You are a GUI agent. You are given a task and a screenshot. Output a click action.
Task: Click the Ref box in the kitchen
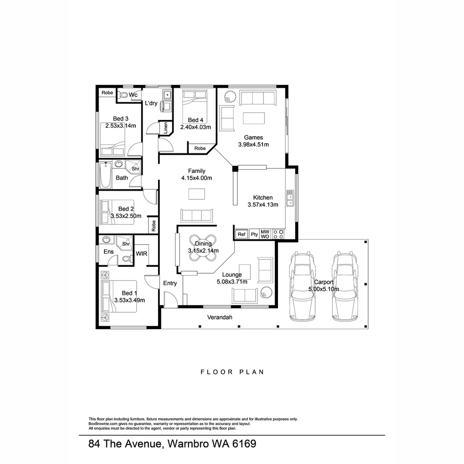241,234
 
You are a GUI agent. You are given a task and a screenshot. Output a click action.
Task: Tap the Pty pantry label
254,234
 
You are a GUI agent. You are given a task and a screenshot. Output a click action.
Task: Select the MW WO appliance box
265,234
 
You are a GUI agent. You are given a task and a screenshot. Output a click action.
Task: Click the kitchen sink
290,198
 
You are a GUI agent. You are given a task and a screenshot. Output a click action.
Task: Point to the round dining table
203,248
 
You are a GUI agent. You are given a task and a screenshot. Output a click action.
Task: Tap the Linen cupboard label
165,128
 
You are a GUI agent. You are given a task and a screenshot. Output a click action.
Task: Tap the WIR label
141,253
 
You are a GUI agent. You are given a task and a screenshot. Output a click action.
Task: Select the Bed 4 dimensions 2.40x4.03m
195,127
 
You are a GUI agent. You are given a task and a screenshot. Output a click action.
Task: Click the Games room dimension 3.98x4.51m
253,145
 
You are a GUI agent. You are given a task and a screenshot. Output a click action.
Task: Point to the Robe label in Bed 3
107,93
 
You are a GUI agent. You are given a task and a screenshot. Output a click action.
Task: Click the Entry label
170,283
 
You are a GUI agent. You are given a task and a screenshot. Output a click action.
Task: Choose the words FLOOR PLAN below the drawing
232,372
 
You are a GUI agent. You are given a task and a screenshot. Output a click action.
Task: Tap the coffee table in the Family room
196,194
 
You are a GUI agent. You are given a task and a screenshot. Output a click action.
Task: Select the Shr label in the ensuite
126,244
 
